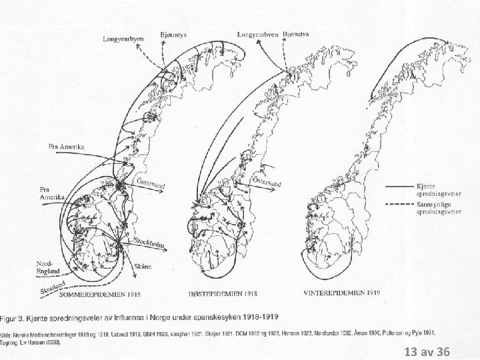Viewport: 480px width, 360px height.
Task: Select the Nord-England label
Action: [47, 267]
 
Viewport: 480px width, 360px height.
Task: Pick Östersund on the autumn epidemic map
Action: [266, 182]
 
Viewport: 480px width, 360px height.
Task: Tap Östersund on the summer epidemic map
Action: [151, 183]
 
